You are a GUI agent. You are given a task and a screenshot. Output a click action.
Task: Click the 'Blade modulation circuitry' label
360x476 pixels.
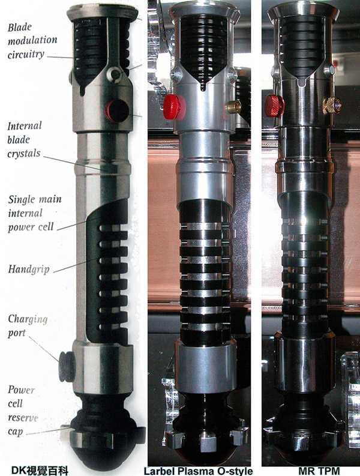point(32,41)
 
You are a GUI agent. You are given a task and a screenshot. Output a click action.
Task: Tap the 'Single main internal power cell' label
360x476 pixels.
point(35,213)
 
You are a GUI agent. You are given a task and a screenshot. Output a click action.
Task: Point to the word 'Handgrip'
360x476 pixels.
point(29,270)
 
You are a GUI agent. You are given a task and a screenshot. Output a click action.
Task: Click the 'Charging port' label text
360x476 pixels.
point(28,326)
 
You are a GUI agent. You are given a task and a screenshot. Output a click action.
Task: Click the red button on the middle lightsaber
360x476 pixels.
point(172,107)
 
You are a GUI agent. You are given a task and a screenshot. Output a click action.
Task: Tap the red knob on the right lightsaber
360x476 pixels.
point(274,106)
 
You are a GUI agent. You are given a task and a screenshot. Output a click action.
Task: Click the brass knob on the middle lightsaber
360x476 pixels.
point(233,107)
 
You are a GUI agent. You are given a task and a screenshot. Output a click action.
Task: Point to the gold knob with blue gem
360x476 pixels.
point(331,106)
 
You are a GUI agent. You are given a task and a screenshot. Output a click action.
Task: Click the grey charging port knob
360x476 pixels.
point(66,366)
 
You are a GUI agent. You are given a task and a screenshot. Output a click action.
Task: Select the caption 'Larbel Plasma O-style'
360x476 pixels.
point(198,471)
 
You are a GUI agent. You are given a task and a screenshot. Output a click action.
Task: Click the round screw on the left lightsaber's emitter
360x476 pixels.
point(115,74)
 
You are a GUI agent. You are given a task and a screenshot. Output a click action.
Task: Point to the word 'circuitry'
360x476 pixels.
point(26,55)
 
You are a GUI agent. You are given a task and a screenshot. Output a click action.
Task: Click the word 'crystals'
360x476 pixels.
point(23,153)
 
